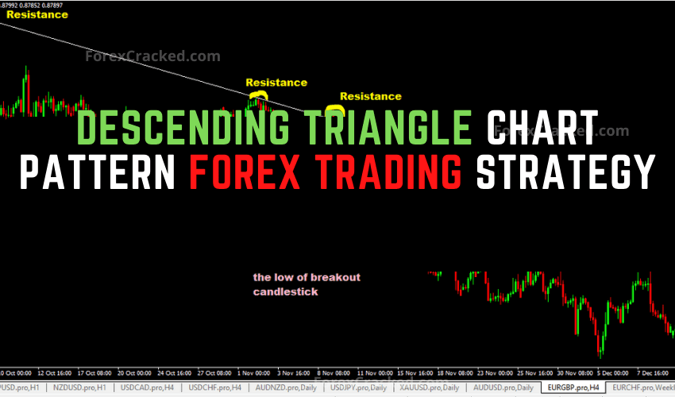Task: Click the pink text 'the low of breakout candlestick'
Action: [307, 284]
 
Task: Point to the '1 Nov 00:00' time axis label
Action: [256, 372]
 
